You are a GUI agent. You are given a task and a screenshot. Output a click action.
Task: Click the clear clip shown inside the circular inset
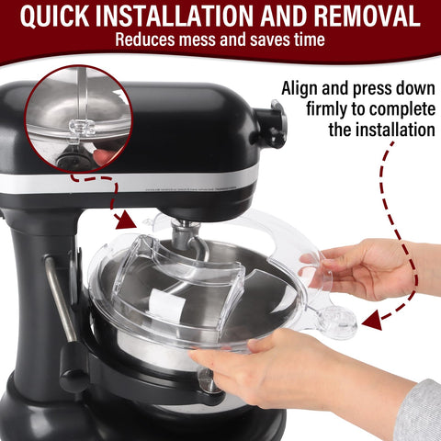(x=82, y=128)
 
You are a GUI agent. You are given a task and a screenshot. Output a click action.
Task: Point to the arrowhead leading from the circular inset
(x=123, y=220)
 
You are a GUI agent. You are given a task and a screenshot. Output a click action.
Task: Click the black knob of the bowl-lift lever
(x=73, y=378)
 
